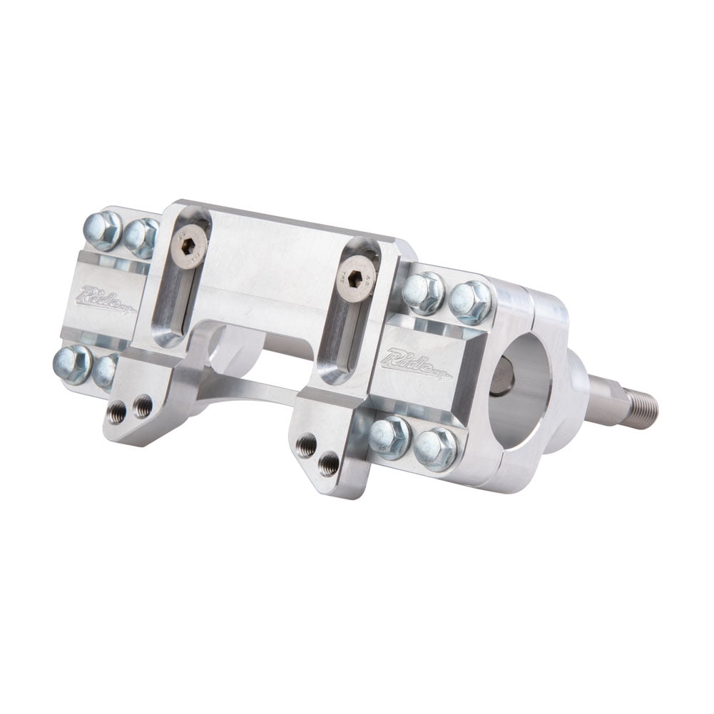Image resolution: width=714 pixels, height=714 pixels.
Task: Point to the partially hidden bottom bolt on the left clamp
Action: point(106,370)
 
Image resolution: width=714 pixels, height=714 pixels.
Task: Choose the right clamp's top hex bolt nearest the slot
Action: point(422,292)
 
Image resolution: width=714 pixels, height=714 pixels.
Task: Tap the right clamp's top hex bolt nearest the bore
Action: point(470,301)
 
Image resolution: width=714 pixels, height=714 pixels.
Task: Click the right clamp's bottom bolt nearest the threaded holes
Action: point(389,436)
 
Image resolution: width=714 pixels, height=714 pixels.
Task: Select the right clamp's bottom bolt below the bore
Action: point(436,448)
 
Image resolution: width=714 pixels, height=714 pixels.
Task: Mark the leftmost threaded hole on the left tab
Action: point(117,412)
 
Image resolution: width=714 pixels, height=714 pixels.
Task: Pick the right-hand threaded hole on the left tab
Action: point(142,407)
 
